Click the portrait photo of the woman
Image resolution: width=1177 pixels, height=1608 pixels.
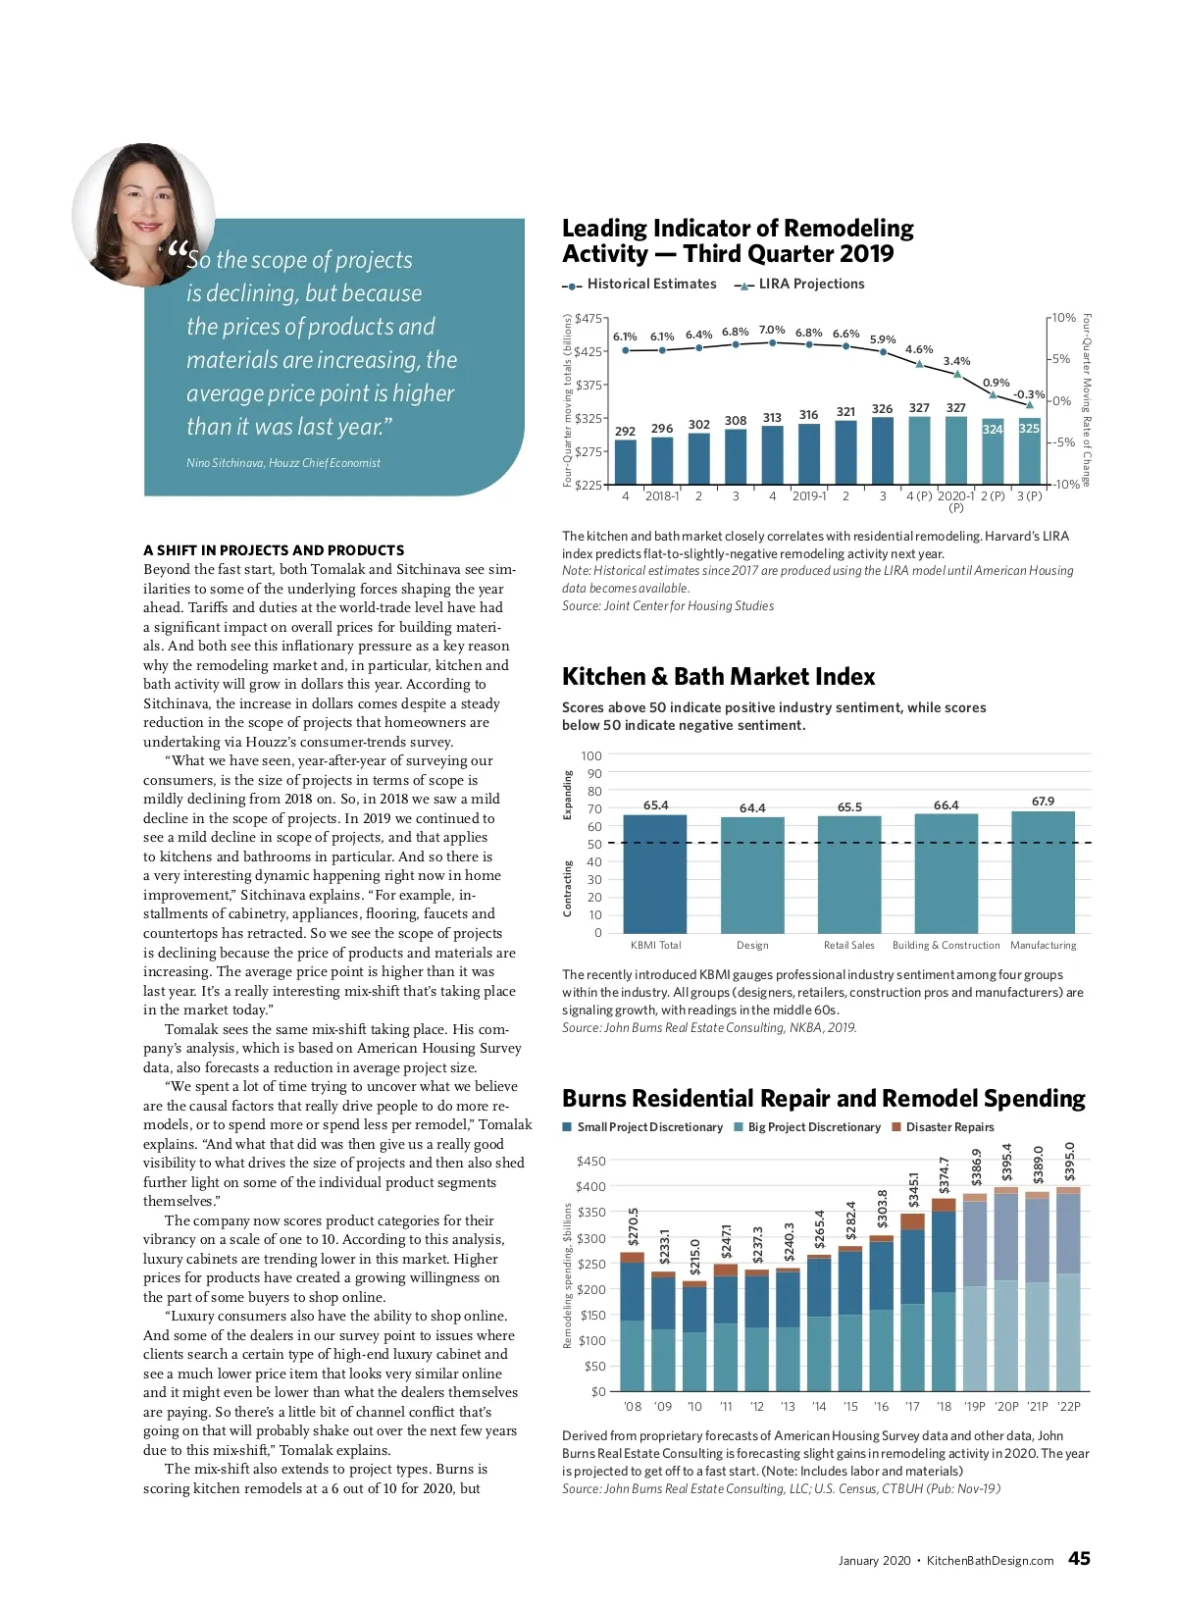(143, 214)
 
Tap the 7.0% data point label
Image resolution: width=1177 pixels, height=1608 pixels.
(772, 330)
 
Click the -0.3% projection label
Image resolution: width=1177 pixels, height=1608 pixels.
(1028, 394)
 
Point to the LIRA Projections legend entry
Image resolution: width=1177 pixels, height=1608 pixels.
(799, 285)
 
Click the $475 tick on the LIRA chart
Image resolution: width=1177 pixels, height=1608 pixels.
(588, 318)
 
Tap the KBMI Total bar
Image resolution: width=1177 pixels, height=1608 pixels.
(655, 873)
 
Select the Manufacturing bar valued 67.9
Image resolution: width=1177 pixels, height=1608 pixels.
(1043, 871)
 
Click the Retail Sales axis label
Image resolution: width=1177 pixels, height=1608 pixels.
(848, 946)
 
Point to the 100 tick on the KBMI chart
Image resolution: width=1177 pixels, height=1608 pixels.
(591, 756)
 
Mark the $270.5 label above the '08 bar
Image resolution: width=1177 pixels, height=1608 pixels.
(633, 1227)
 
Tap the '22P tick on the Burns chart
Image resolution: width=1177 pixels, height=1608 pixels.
(1068, 1407)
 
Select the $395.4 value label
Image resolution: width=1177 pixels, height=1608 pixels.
(1006, 1162)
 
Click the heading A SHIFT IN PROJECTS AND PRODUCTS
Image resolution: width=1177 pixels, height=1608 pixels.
(274, 550)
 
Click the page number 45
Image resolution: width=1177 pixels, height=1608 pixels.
(1079, 1559)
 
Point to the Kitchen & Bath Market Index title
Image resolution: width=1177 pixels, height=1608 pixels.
(718, 677)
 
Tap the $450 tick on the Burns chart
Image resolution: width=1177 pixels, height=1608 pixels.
(591, 1162)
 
